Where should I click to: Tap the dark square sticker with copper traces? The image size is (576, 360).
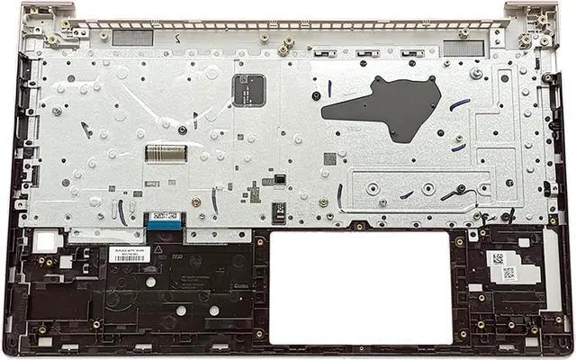[x=248, y=89]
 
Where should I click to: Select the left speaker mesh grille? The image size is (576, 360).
[x=133, y=38]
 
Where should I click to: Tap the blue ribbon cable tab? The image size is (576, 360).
[x=163, y=217]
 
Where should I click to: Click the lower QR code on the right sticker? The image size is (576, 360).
[x=508, y=274]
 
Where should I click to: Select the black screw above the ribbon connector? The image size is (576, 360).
[x=181, y=130]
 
